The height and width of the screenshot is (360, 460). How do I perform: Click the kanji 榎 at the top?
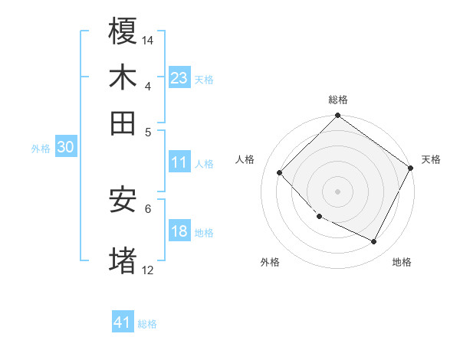tap(123, 32)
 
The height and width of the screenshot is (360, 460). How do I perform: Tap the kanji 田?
tap(123, 122)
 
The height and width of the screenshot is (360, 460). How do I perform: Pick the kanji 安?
tap(123, 200)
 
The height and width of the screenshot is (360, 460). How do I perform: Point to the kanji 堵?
tap(123, 260)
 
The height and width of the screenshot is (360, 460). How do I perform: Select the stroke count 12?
tap(148, 270)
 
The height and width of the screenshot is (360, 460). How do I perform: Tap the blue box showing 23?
tap(179, 77)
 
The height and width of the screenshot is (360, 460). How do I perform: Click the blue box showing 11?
tap(179, 162)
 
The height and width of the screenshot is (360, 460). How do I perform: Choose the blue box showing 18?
tap(179, 231)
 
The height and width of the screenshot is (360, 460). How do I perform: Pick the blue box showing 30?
tap(65, 148)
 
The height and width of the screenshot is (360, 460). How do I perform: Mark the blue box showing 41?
tap(123, 322)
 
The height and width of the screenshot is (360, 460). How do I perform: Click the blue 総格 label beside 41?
tap(147, 324)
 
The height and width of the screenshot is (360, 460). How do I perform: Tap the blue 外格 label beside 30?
tap(41, 149)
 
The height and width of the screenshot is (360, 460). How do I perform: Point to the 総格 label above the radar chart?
tap(338, 100)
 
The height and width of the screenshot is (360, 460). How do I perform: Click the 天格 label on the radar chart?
tap(431, 159)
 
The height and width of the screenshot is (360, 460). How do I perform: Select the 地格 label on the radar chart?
tap(402, 262)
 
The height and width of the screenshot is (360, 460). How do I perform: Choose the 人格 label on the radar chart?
tap(245, 159)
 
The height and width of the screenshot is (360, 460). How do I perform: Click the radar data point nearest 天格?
tap(410, 168)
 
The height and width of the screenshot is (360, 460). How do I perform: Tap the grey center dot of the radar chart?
tap(337, 191)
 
